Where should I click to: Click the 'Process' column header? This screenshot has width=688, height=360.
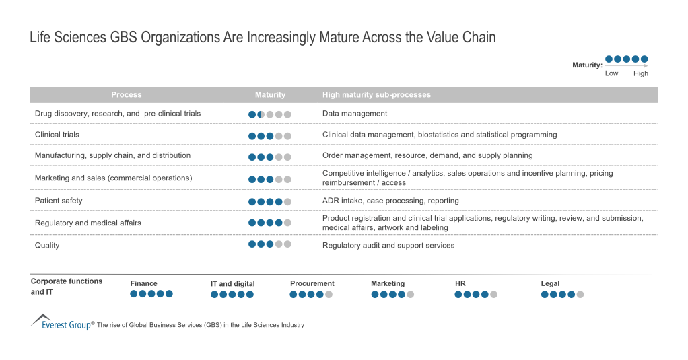(x=127, y=95)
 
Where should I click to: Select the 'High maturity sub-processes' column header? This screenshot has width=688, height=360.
(x=376, y=95)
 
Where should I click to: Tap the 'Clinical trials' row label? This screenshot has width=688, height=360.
(x=57, y=135)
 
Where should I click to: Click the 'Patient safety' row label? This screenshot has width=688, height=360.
(x=59, y=201)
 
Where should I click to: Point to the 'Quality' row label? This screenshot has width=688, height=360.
(x=47, y=246)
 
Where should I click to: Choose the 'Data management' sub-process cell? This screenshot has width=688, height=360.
(x=355, y=114)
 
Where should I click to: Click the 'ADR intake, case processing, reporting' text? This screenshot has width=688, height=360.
(x=390, y=201)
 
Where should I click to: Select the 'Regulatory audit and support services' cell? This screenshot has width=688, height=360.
(x=388, y=246)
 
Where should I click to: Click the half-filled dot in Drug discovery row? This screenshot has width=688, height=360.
(x=261, y=114)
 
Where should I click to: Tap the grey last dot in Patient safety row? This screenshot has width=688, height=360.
(x=287, y=201)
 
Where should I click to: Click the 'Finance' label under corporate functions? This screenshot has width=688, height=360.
(x=144, y=283)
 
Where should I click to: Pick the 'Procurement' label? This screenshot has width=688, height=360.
(x=312, y=283)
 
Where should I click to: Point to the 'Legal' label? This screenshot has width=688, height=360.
(x=550, y=283)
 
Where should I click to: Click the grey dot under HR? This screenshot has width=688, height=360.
(x=493, y=294)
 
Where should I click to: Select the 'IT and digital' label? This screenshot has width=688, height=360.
(x=233, y=284)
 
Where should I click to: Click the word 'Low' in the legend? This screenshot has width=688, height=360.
(x=611, y=73)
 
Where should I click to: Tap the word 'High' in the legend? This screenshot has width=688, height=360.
(x=641, y=73)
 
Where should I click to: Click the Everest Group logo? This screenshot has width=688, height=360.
(x=61, y=322)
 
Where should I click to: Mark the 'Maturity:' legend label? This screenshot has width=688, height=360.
(x=587, y=65)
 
